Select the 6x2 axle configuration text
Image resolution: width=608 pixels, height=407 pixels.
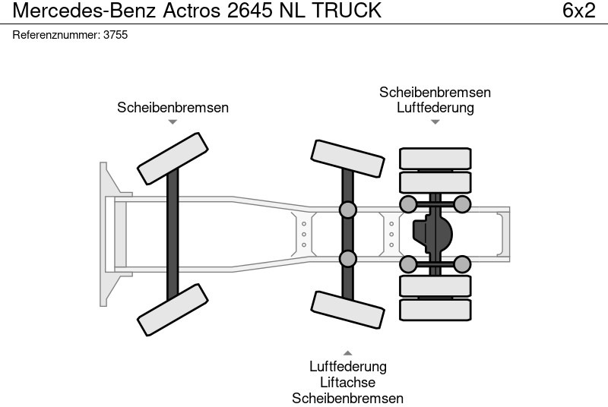tap(578, 11)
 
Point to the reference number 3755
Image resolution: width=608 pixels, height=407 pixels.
tap(114, 35)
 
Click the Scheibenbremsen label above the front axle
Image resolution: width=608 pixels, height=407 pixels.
tap(173, 108)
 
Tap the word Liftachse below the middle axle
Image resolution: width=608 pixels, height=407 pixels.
tap(347, 383)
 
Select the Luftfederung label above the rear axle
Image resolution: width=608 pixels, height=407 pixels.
tap(435, 108)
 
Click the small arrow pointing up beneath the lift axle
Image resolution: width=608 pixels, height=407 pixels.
tap(347, 352)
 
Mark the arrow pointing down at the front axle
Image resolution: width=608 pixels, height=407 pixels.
tap(173, 122)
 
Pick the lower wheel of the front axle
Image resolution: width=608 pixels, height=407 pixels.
tap(173, 310)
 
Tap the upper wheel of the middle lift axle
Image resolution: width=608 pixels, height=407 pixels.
tap(347, 158)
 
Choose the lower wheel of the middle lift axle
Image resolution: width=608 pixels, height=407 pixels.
tap(347, 310)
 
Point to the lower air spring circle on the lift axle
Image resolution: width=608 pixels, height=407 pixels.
tap(347, 258)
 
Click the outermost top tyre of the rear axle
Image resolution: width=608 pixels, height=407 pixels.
tap(435, 158)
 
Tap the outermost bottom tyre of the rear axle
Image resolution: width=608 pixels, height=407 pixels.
tap(435, 309)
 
